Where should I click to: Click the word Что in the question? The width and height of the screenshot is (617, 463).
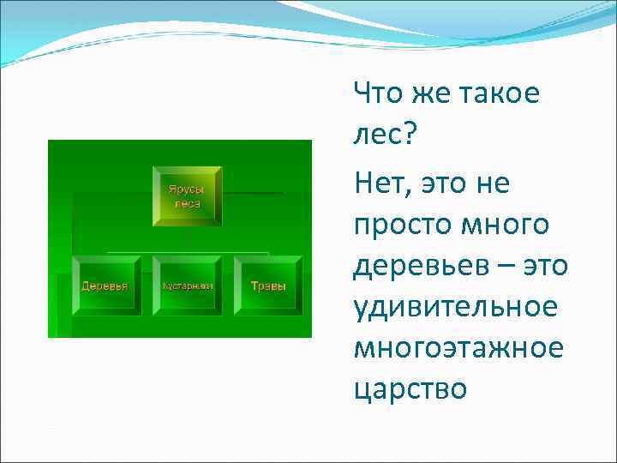[x=376, y=93]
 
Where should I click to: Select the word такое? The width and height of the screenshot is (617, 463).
[x=498, y=93]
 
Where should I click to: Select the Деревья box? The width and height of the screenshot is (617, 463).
[x=105, y=285]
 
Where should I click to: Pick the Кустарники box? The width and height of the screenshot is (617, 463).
[x=187, y=285]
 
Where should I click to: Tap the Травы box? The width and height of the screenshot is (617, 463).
[x=267, y=285]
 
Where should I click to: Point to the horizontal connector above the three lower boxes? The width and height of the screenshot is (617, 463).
[x=187, y=254]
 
